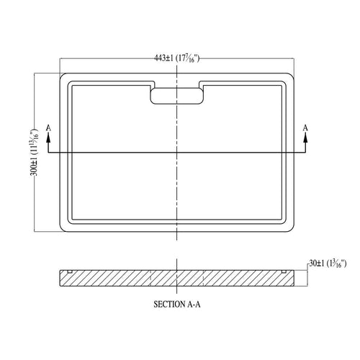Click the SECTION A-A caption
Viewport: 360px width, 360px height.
point(177,305)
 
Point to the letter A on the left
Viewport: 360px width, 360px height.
point(48,128)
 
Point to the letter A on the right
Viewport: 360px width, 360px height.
point(305,128)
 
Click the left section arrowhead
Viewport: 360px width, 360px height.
point(48,138)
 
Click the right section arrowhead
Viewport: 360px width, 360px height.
point(305,138)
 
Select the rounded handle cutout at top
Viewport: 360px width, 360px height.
point(177,96)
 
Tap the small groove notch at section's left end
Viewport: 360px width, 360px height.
point(70,271)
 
